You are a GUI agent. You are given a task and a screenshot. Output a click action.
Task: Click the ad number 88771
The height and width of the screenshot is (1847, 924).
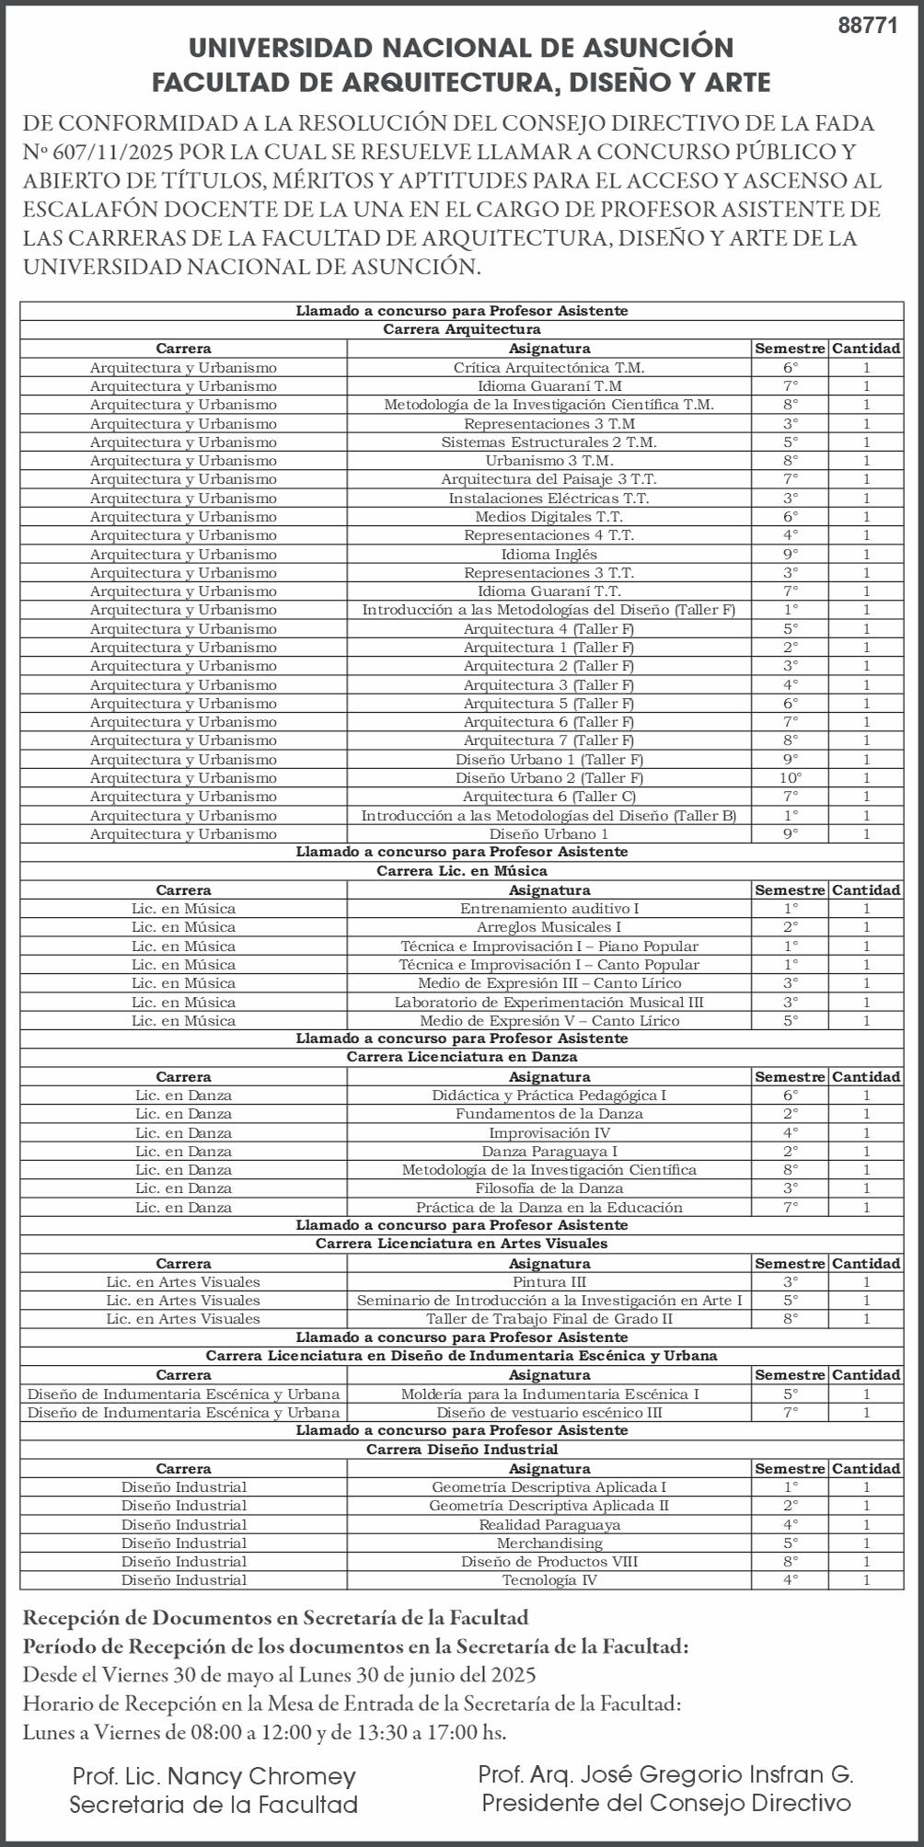click(x=867, y=26)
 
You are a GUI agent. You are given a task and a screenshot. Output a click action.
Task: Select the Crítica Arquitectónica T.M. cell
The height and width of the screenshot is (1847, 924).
click(x=549, y=368)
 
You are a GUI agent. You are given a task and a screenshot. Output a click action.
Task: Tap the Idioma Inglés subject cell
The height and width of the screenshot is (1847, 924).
click(x=549, y=555)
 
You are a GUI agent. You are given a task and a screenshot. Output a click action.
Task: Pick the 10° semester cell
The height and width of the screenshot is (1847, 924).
click(x=790, y=778)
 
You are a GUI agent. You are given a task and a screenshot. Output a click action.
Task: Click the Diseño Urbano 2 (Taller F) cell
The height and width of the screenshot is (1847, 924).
click(x=549, y=778)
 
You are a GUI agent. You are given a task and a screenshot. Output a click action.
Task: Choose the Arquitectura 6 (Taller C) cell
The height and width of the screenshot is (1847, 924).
click(x=549, y=797)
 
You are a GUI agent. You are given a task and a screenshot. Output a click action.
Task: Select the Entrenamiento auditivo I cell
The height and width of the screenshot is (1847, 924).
click(x=549, y=909)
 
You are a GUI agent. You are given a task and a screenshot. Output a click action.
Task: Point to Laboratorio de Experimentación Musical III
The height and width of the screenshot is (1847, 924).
click(x=549, y=1003)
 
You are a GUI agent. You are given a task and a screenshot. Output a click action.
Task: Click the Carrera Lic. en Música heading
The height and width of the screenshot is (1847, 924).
click(x=462, y=871)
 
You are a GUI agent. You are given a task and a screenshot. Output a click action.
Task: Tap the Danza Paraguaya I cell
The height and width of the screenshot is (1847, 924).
click(x=549, y=1152)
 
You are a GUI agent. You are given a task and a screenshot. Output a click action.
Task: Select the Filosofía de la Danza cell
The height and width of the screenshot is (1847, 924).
click(x=549, y=1188)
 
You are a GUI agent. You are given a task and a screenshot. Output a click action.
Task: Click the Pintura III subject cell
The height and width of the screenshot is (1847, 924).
click(x=549, y=1282)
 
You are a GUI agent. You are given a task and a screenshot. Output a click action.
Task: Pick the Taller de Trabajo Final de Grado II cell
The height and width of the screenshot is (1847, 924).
click(x=549, y=1319)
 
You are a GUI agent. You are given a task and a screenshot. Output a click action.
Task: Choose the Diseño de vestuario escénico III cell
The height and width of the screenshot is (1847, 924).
click(x=549, y=1413)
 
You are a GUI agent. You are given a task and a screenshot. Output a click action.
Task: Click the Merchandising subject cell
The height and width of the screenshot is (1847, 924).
click(x=549, y=1543)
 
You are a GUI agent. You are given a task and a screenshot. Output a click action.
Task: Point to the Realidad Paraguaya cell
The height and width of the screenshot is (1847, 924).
click(x=549, y=1525)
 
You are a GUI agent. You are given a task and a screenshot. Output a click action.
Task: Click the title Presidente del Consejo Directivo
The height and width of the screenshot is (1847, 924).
click(x=666, y=1803)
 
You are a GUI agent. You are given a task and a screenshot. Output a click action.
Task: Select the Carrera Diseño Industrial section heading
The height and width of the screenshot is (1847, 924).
click(x=462, y=1450)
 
